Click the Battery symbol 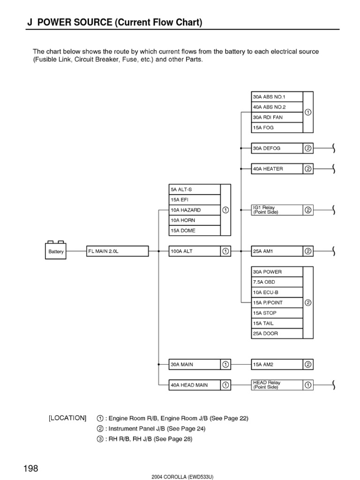point(56,250)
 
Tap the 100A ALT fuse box point(195,251)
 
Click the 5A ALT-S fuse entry point(195,189)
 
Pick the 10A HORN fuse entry point(195,220)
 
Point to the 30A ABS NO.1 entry point(277,97)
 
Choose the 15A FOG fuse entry point(277,128)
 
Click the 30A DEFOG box point(277,148)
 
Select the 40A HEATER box point(277,169)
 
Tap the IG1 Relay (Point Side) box point(277,210)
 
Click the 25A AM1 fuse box point(277,251)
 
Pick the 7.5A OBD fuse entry point(277,282)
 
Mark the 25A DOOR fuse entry point(277,334)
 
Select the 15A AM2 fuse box point(277,364)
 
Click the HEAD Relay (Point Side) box point(277,385)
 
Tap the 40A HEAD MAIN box point(195,385)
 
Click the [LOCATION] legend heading point(67,418)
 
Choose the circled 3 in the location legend point(100,439)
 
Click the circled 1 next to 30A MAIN point(225,364)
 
